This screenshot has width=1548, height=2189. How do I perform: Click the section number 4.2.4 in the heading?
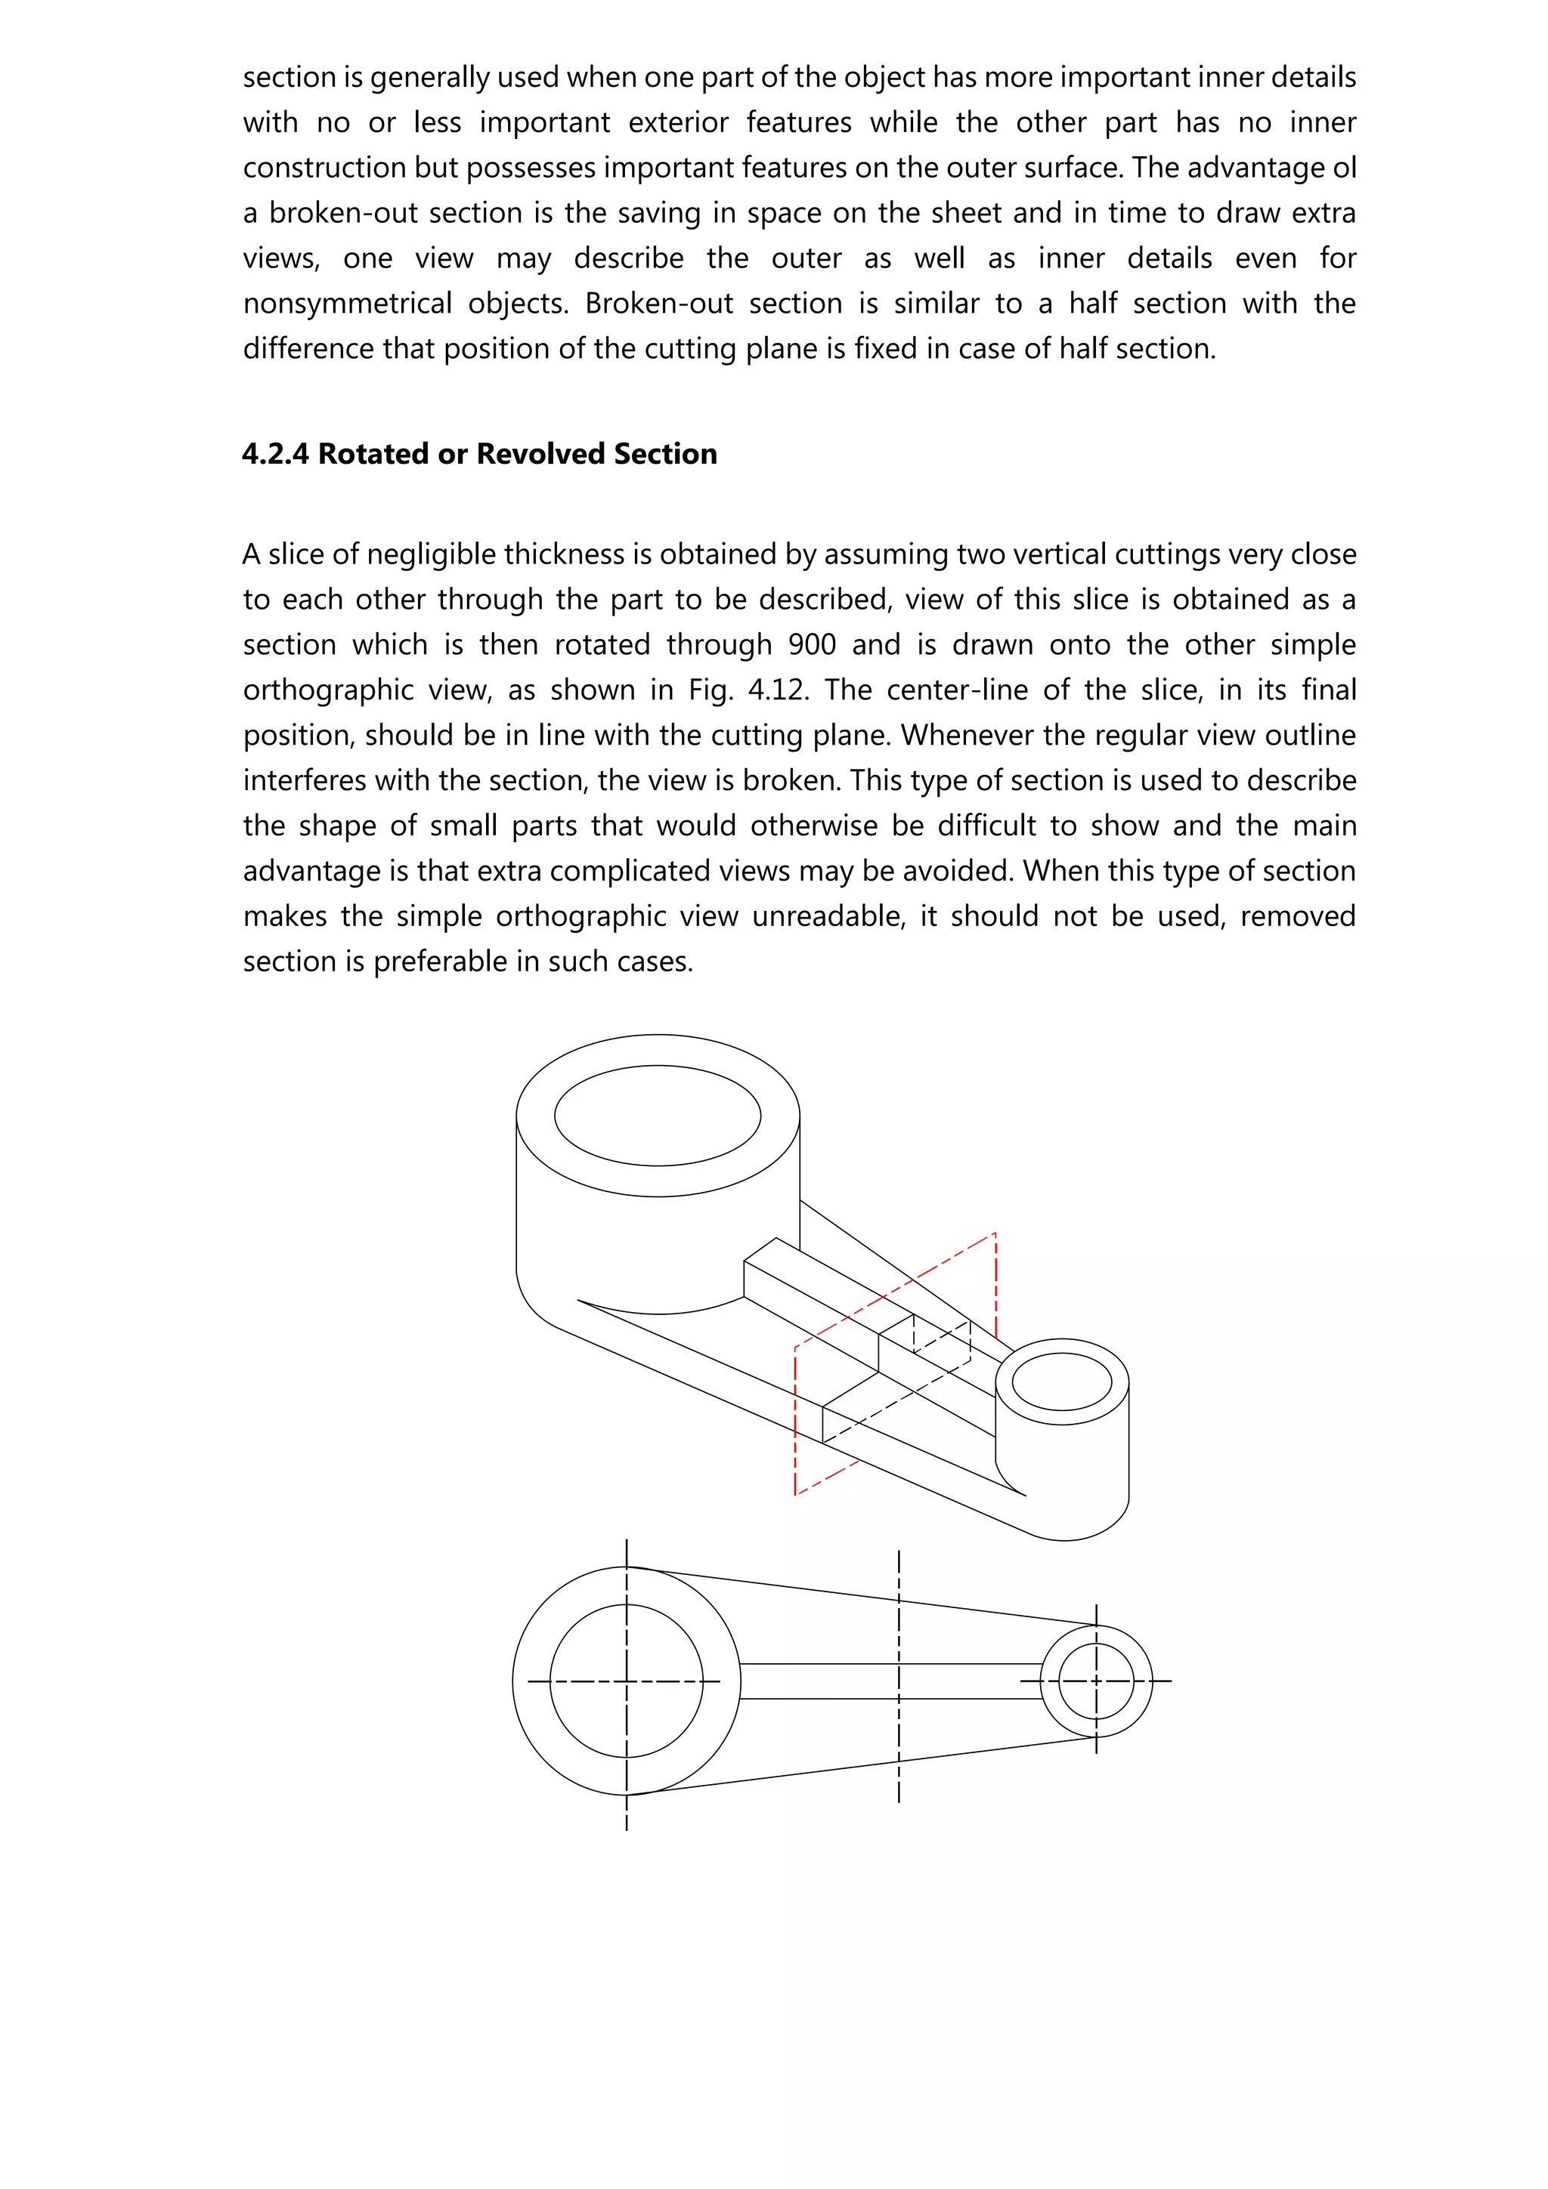pyautogui.click(x=274, y=454)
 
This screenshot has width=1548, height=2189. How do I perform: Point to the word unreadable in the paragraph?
pyautogui.click(x=828, y=916)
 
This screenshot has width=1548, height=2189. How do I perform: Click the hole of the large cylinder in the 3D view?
pyautogui.click(x=657, y=1116)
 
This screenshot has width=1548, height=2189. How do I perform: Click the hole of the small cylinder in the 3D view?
pyautogui.click(x=1061, y=1382)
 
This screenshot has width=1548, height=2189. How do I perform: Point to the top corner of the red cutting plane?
pyautogui.click(x=995, y=1233)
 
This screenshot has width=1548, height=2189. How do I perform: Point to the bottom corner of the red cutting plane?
pyautogui.click(x=795, y=1495)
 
